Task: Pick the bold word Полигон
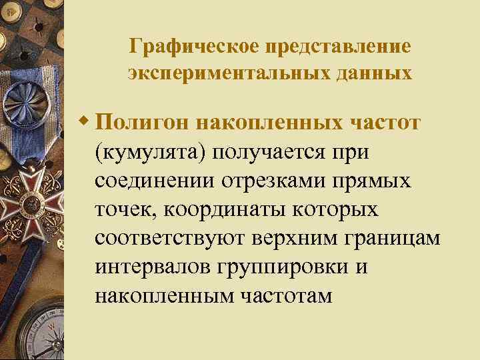point(141,123)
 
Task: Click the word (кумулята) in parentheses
point(153,152)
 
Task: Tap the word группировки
point(290,267)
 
